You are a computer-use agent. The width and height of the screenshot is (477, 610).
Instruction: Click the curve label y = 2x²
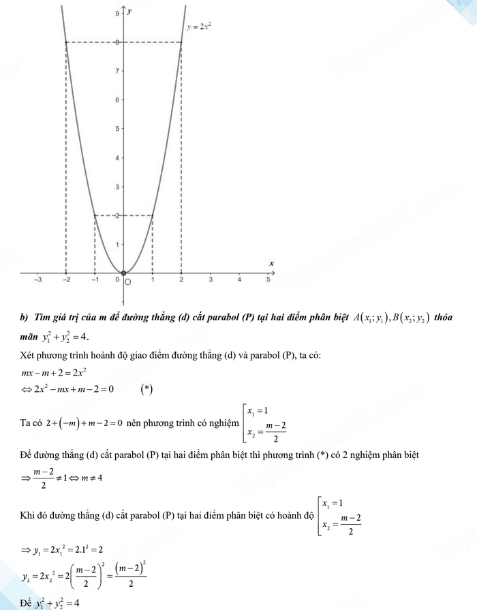click(200, 28)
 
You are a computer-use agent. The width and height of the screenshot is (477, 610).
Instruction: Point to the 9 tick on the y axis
click(118, 14)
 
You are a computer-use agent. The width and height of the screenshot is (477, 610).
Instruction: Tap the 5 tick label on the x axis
click(268, 279)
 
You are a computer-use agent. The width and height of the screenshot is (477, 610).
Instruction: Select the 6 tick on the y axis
click(118, 100)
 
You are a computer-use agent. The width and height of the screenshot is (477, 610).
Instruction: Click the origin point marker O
click(123, 273)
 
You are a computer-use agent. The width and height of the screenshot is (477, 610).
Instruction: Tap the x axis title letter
click(271, 262)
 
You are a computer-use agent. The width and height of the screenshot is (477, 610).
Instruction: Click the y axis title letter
click(129, 12)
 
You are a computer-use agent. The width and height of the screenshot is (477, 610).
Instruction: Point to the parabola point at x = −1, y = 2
click(94, 215)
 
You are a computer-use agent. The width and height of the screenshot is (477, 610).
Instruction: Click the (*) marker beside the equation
click(147, 389)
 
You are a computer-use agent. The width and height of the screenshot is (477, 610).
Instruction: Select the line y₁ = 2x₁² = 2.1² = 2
click(61, 549)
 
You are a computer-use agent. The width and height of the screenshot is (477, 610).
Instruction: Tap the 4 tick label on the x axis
click(239, 279)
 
